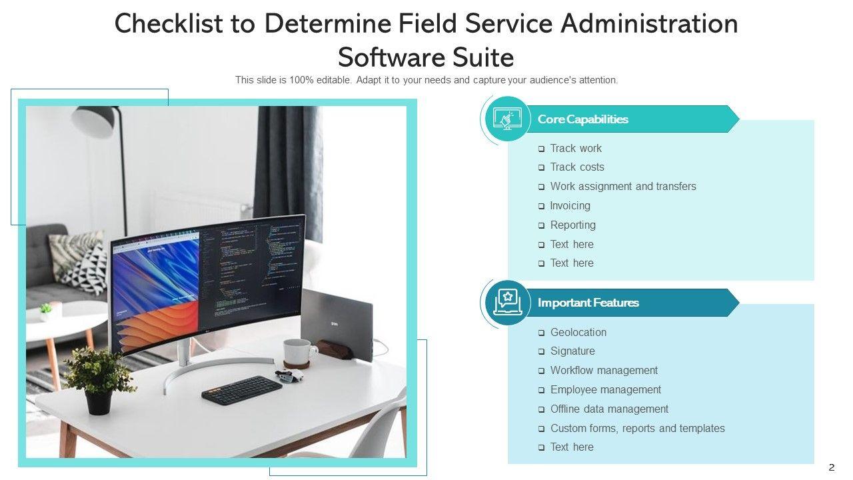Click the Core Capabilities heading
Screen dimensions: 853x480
pos(582,119)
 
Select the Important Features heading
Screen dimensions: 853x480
pos(588,303)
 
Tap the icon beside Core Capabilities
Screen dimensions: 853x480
pos(507,119)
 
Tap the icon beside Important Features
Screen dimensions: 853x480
pos(507,302)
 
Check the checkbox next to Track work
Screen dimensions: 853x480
pos(542,149)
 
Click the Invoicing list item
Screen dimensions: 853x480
pos(570,206)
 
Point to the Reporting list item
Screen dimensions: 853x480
pos(572,225)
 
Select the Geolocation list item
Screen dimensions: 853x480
pos(578,332)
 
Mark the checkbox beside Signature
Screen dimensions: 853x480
pos(542,351)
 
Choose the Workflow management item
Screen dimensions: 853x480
pos(604,371)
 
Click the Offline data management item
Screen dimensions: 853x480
pos(609,409)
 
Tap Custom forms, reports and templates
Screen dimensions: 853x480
pos(637,429)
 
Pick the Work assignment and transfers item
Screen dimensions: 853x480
pos(622,187)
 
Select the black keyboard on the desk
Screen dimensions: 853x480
pos(242,390)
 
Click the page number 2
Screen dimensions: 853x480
pos(831,467)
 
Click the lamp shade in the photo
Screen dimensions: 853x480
pos(96,121)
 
